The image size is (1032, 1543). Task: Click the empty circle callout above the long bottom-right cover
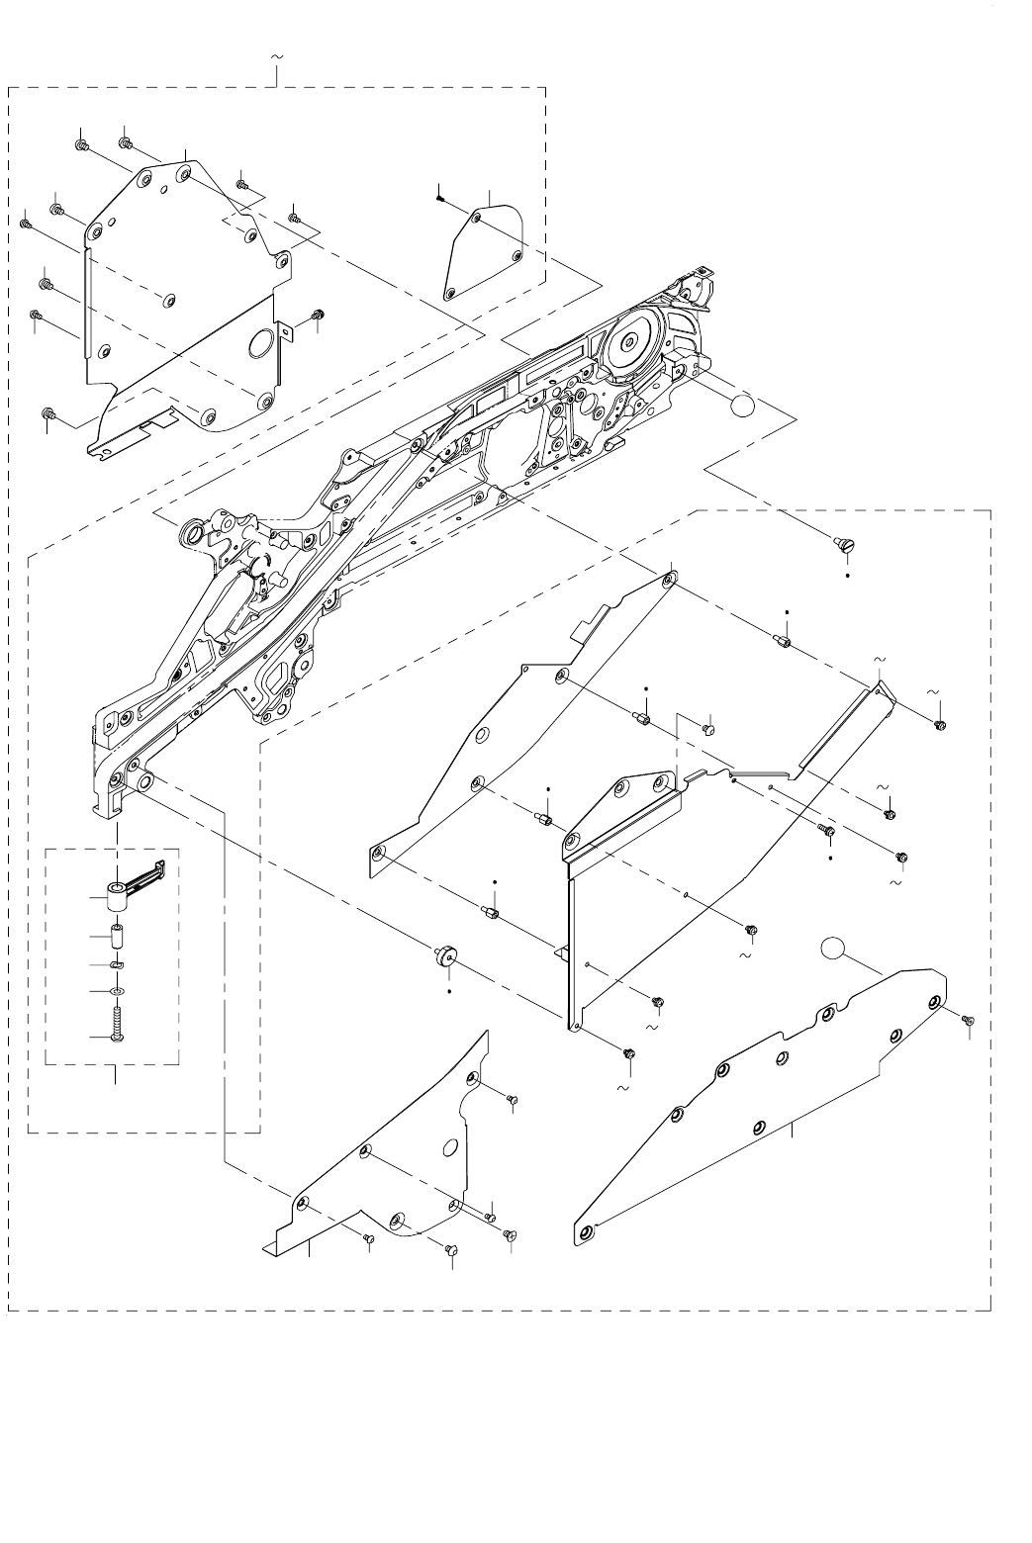tap(834, 949)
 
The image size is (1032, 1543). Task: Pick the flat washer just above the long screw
tap(119, 990)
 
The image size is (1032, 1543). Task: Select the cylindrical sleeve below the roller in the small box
tap(118, 935)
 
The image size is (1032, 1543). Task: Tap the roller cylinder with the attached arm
tap(120, 897)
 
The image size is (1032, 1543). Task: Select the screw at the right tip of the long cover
tap(967, 1019)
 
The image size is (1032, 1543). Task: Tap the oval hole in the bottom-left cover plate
tap(451, 1146)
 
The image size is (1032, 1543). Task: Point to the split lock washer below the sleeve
tap(119, 965)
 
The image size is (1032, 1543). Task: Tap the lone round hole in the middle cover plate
tap(483, 735)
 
